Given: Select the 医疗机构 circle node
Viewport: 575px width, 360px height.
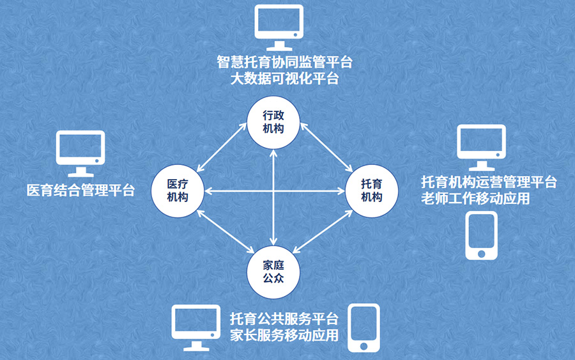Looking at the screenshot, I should pos(177,191).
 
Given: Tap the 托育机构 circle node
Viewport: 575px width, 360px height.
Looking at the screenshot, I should pos(371,191).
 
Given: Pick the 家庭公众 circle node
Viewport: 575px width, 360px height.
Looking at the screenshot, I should pos(273,272).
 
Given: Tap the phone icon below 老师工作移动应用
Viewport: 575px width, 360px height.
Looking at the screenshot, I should pos(481,236).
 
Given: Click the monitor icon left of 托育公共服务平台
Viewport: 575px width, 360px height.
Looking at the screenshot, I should pos(196,328).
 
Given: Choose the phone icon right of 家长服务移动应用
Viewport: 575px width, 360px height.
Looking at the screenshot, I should pos(364,327).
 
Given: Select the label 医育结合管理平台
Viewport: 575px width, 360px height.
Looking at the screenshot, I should pos(80,190).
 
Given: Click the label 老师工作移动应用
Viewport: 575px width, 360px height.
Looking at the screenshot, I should pos(475,199).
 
